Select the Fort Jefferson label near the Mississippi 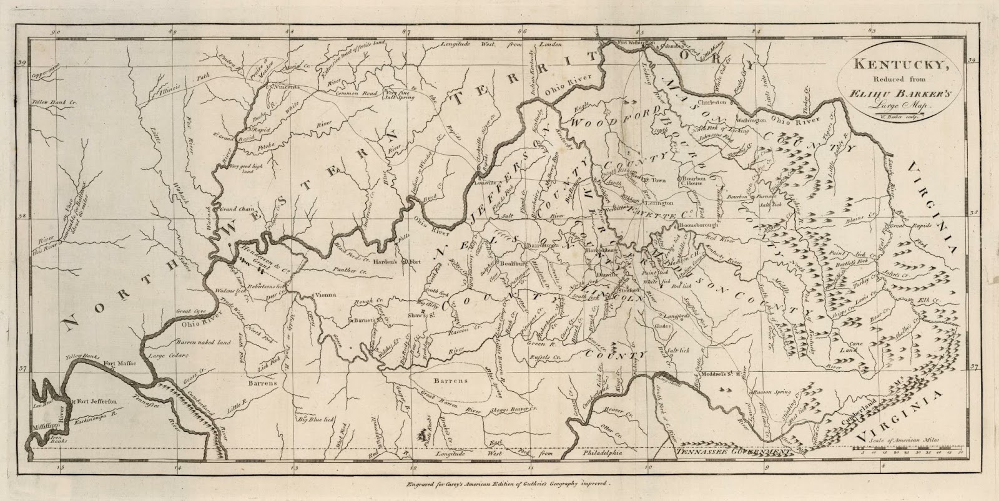[x=95, y=402]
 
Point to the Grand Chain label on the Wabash [x=234, y=207]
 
